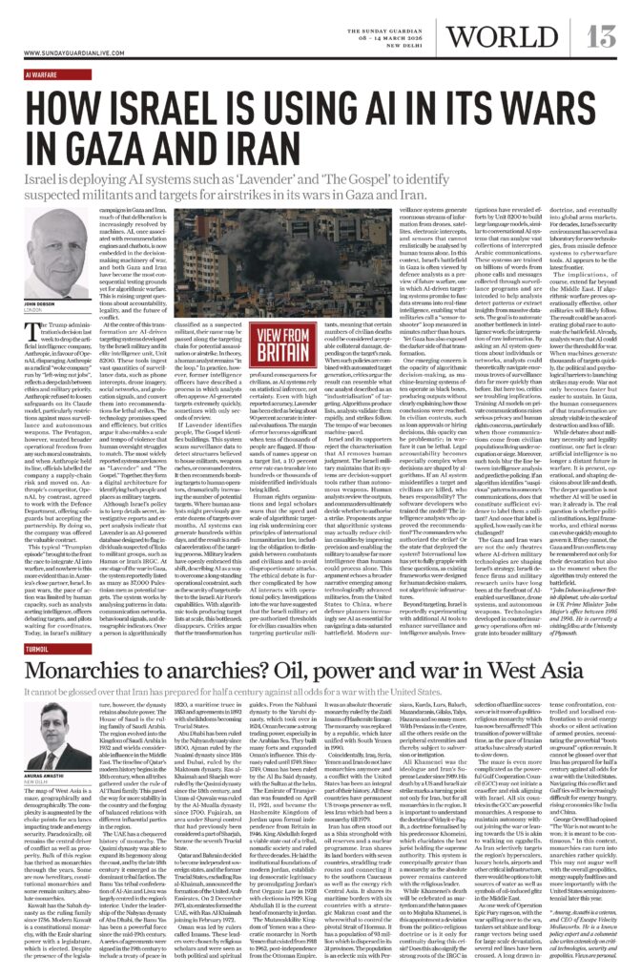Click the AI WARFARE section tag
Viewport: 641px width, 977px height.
point(43,73)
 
